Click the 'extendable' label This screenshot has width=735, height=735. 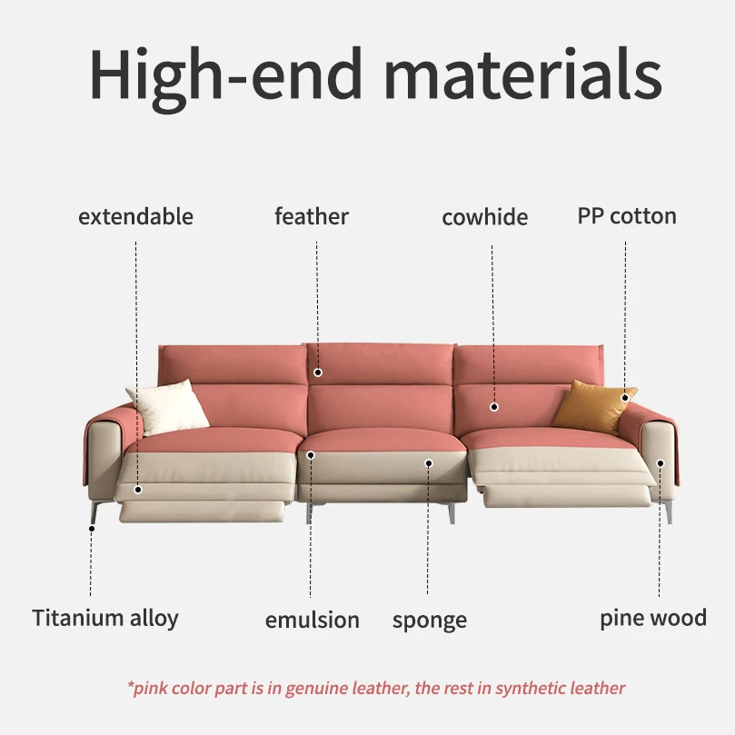(135, 217)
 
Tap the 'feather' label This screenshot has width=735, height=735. (312, 217)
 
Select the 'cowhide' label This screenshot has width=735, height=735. (484, 218)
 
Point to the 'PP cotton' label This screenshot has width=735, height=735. (627, 217)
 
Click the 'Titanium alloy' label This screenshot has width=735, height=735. (105, 619)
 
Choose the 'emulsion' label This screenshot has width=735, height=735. (312, 621)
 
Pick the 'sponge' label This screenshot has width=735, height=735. (430, 621)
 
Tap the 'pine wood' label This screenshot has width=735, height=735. (652, 619)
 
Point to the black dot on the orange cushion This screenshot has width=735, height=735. (625, 398)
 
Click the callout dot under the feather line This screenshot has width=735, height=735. (318, 372)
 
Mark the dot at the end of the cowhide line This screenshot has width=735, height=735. (494, 406)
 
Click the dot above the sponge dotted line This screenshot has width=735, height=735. (428, 462)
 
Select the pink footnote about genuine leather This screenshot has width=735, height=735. (376, 688)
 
